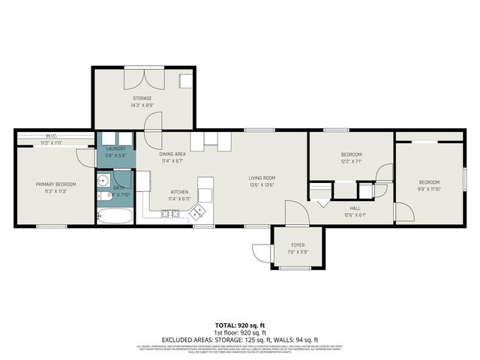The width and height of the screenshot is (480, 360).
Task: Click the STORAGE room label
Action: click(x=142, y=98)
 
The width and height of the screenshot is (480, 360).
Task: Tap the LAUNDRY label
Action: click(x=115, y=148)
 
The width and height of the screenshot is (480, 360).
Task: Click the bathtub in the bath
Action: click(x=115, y=216)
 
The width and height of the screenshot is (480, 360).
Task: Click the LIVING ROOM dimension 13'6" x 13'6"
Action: click(x=262, y=184)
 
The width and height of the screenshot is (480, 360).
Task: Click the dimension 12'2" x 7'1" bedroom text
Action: click(x=351, y=162)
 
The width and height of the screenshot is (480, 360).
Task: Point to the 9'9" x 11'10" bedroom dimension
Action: click(x=429, y=190)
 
